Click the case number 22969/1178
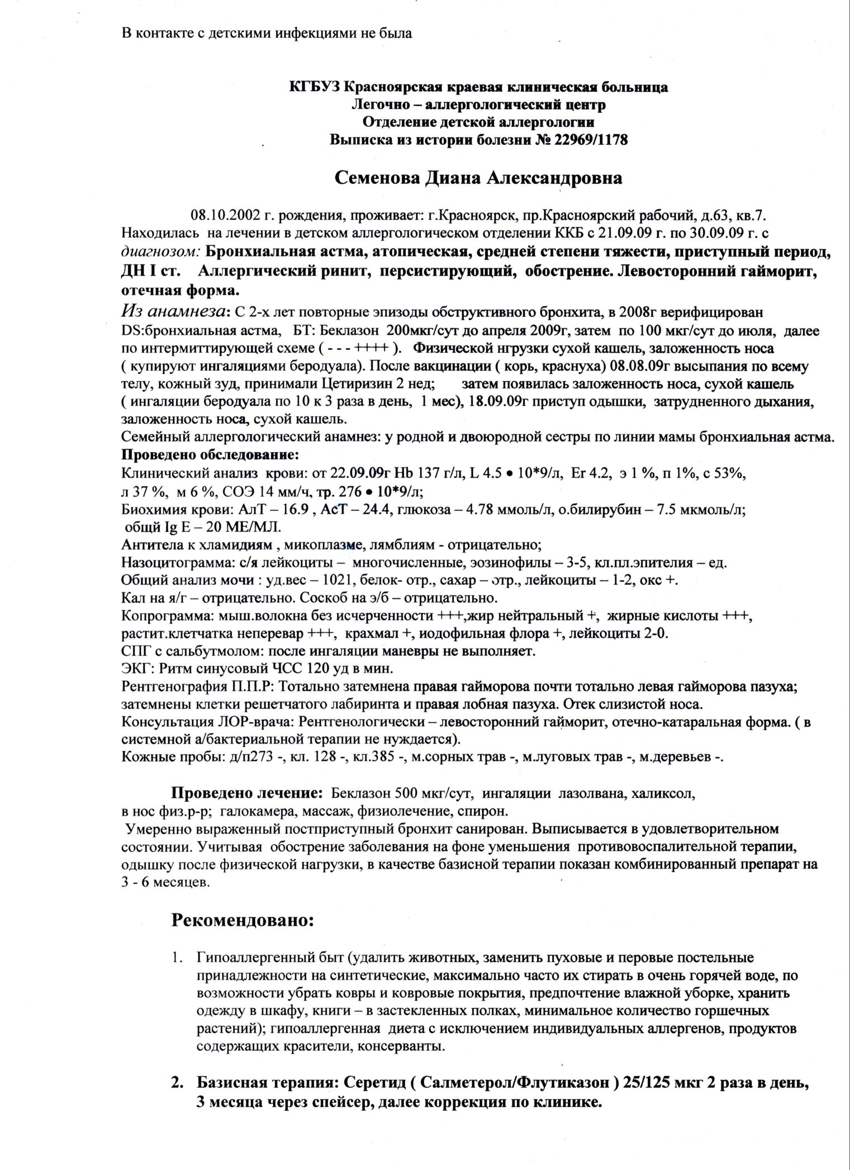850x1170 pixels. click(x=591, y=140)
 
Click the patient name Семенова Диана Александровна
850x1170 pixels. click(x=478, y=178)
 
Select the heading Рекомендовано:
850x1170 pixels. click(x=242, y=921)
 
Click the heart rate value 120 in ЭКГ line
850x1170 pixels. click(x=345, y=668)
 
